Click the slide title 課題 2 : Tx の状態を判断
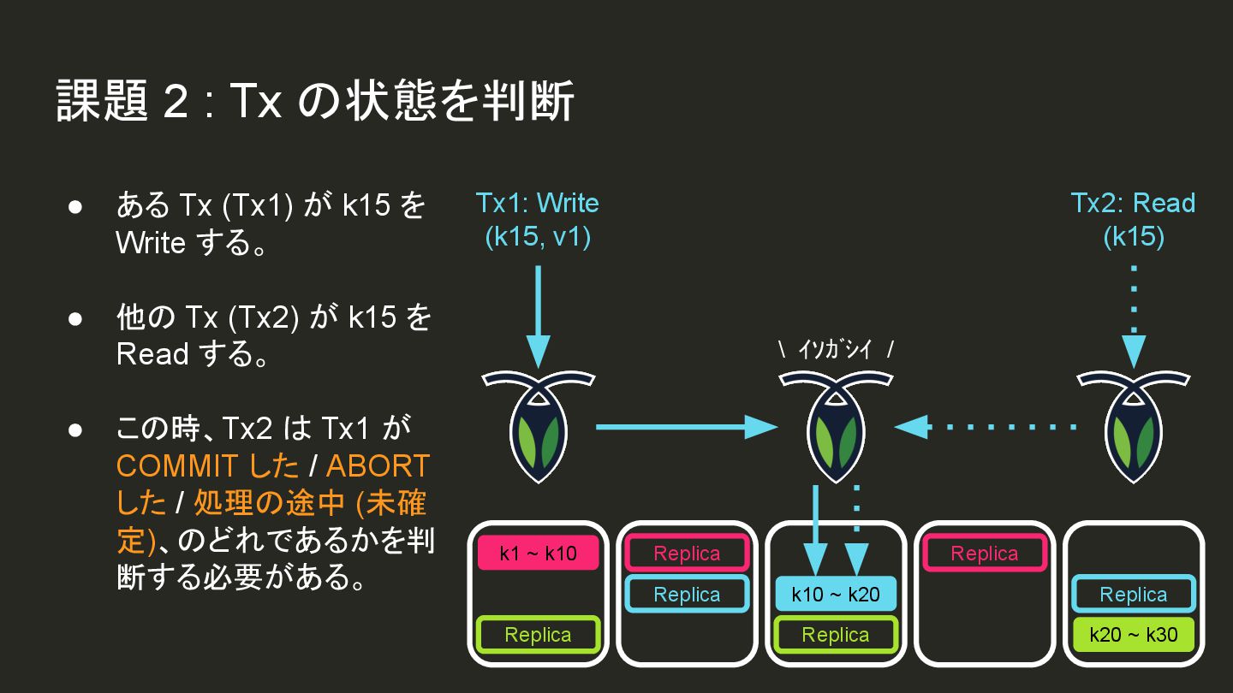315,102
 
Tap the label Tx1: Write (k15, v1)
537,219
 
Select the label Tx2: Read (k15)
1133,219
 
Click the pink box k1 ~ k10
539,554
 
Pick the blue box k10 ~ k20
836,595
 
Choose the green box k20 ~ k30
1134,635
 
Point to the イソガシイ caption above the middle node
836,350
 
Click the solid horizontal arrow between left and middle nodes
685,426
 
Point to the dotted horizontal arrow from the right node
985,426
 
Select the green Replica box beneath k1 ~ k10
539,635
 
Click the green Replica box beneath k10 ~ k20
836,635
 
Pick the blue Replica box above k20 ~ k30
1134,595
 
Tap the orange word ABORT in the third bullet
378,466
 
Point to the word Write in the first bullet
151,243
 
